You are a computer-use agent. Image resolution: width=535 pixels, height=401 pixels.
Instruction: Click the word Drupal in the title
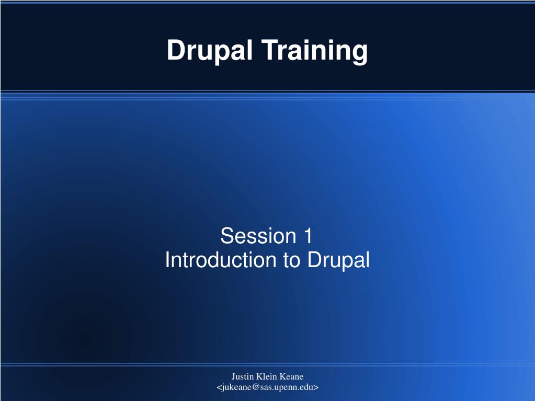tap(210, 51)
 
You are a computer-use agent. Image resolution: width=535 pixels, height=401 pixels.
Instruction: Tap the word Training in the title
tap(315, 51)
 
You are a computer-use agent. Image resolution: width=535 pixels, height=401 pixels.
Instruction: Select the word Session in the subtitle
tap(258, 236)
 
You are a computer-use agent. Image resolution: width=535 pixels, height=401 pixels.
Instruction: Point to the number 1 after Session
tap(308, 236)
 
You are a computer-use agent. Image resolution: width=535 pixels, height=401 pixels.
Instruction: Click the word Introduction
tap(220, 260)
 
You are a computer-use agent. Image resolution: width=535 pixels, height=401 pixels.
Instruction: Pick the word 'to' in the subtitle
tap(291, 260)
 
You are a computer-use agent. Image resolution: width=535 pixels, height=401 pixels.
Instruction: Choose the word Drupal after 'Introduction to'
tap(338, 260)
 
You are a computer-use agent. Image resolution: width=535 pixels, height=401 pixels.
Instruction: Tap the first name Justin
tap(243, 376)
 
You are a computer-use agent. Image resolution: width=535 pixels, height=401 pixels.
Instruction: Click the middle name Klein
tap(267, 376)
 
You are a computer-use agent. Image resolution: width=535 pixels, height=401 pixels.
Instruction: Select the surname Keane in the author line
tap(291, 376)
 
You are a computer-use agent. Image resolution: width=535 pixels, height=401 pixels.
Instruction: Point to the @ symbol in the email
tap(256, 387)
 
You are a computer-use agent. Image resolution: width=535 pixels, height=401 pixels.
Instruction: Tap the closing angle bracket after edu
tap(316, 388)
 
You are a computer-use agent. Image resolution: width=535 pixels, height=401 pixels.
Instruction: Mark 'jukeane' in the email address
tap(236, 388)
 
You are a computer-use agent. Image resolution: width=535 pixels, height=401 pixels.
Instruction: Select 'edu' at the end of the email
tap(306, 387)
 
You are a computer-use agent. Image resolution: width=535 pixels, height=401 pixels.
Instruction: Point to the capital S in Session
tap(227, 236)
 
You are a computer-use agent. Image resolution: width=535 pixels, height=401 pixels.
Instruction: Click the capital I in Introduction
tap(167, 260)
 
